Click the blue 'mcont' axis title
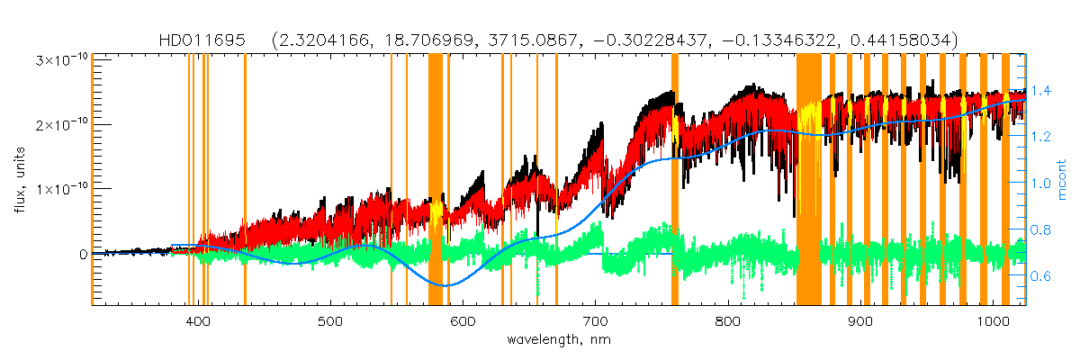[x=1063, y=178]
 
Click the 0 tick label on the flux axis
[x=81, y=254]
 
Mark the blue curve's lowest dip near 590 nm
[x=445, y=285]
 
